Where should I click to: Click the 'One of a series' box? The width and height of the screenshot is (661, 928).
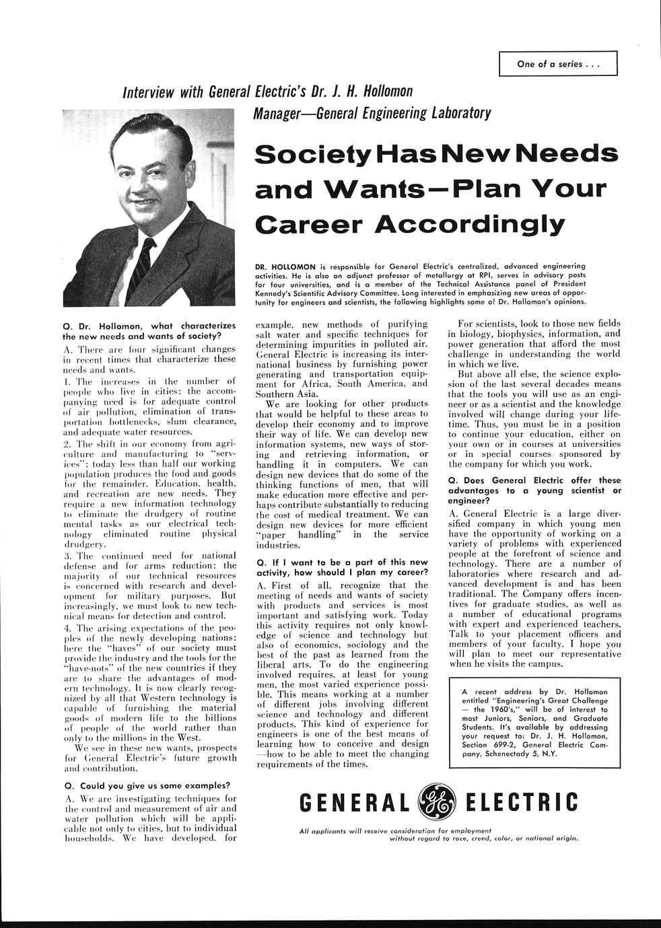[x=558, y=64]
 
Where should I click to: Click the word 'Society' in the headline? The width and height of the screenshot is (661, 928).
[x=314, y=153]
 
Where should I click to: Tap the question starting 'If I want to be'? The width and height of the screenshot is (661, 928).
[x=342, y=567]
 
